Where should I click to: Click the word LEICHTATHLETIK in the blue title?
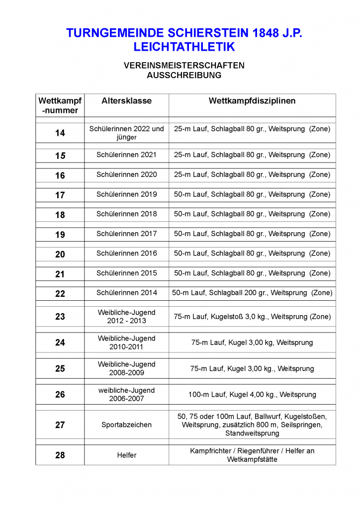point(184,47)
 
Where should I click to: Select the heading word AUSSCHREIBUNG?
point(184,76)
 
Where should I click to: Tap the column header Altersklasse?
point(126,101)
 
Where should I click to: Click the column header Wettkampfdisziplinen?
point(252,101)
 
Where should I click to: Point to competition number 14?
point(60,133)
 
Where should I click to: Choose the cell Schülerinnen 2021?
point(126,155)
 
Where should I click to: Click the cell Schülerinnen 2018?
point(126,214)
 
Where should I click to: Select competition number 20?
point(60,254)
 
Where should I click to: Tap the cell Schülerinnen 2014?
point(126,293)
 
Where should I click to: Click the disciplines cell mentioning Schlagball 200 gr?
point(252,293)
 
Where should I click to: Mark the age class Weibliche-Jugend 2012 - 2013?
point(126,317)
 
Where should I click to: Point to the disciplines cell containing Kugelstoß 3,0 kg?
point(252,317)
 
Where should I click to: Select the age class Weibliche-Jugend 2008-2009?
point(126,368)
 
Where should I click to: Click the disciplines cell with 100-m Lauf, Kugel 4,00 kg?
point(252,395)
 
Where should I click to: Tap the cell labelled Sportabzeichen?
point(126,425)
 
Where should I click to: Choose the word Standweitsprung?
point(252,433)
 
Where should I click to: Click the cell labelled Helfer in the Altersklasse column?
point(126,455)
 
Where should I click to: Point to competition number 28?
point(60,455)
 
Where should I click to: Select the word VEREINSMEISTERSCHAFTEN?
point(184,66)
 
